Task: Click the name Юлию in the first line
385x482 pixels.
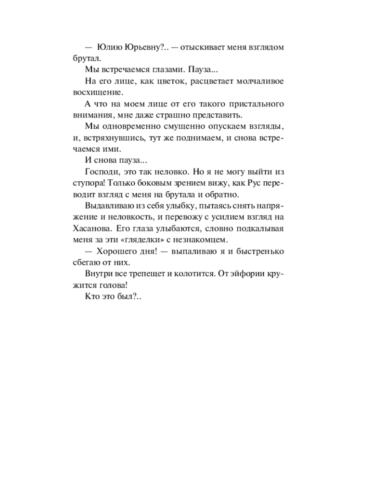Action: (x=109, y=47)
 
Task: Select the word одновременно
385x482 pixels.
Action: (x=127, y=126)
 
